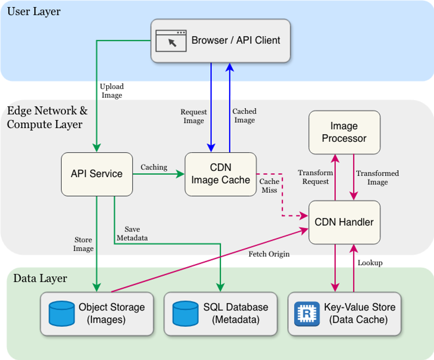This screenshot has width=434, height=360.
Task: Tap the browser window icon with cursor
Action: (171, 40)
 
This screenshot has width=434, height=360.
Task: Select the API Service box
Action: (97, 174)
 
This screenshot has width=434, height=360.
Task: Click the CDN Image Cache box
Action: (221, 174)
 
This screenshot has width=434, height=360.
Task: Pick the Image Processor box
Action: (345, 132)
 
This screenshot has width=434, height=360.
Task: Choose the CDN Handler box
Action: (345, 222)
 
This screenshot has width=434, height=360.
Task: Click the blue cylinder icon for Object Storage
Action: (62, 313)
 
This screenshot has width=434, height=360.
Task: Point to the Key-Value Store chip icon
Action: (307, 313)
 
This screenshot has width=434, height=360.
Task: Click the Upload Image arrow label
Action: (112, 90)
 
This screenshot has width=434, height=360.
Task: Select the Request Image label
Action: (194, 116)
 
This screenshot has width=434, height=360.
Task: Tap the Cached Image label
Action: (245, 116)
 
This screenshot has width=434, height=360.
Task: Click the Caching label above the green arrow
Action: (154, 167)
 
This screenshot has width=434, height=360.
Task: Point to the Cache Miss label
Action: (269, 186)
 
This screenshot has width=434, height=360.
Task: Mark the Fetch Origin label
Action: (269, 254)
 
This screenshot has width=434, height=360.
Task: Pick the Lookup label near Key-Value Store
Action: (370, 263)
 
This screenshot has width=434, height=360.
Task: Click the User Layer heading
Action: (34, 11)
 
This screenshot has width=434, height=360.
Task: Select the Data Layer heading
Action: (40, 278)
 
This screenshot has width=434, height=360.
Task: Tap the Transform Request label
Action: (315, 177)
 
